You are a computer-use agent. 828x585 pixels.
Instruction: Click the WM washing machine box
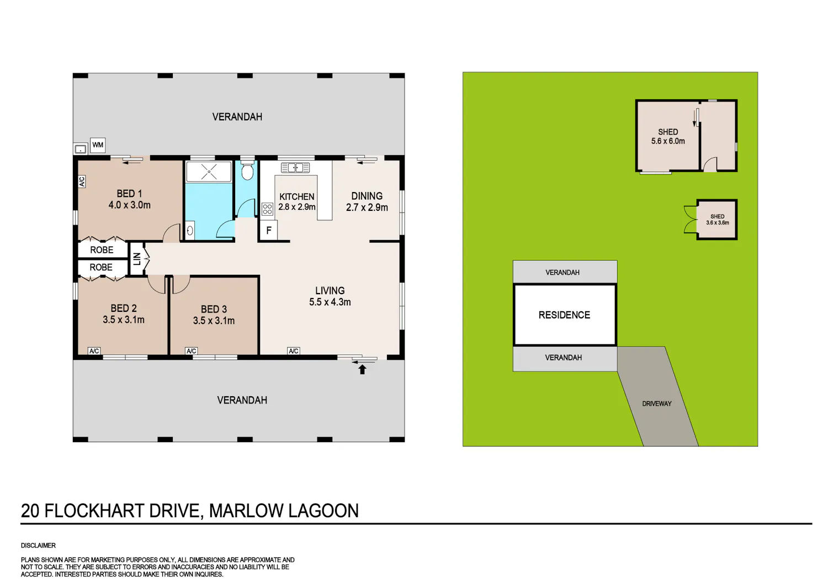click(98, 145)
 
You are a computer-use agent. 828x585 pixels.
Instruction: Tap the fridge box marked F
click(269, 231)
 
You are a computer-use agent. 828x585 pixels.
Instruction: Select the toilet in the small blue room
click(247, 169)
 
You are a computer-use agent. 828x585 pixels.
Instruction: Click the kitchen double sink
click(295, 168)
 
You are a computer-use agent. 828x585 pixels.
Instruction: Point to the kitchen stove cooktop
click(267, 209)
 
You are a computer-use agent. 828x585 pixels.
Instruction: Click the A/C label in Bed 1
click(82, 182)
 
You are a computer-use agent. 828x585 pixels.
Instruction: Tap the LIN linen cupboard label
click(137, 259)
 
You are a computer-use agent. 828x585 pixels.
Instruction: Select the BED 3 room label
click(214, 309)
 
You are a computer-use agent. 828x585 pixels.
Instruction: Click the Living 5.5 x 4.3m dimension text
click(330, 302)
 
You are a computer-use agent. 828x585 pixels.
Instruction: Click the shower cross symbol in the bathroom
click(209, 172)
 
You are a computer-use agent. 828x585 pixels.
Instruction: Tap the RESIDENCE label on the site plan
click(564, 315)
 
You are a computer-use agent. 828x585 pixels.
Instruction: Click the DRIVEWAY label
click(657, 403)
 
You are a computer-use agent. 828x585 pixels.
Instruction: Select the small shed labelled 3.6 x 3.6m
click(717, 220)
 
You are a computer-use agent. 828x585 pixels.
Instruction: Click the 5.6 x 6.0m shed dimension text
click(668, 141)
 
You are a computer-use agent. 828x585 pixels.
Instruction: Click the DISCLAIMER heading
click(38, 545)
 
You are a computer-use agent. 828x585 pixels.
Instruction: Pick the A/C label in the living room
click(294, 350)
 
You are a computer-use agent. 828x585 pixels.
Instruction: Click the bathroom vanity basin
click(190, 231)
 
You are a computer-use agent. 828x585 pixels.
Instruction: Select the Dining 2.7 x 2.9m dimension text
click(367, 208)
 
